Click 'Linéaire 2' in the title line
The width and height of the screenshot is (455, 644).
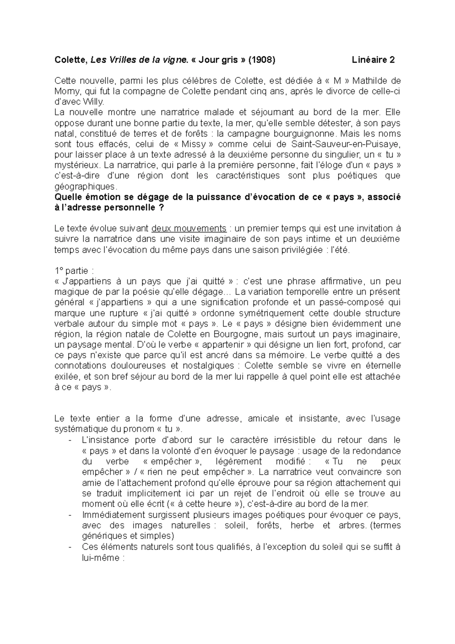tap(373, 60)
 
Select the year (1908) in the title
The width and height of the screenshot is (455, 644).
tap(262, 60)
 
